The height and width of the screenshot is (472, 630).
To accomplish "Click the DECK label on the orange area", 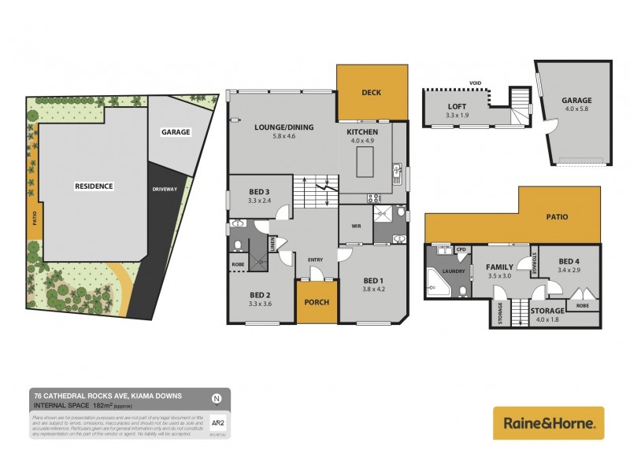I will [372, 93].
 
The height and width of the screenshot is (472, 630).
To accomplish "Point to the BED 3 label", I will [259, 192].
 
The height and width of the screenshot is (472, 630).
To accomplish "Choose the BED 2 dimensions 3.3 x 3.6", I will [259, 303].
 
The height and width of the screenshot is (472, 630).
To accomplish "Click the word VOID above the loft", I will [475, 82].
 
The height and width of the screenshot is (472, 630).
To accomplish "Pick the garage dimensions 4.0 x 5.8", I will [576, 111].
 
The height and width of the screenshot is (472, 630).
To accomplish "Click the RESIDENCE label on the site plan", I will [94, 186].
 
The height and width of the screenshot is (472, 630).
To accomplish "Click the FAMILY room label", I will [499, 267].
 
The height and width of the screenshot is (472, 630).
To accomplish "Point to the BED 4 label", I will [570, 261].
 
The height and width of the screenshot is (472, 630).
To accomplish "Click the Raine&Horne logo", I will [548, 423].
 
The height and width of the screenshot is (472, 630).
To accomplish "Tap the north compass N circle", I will [217, 398].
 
